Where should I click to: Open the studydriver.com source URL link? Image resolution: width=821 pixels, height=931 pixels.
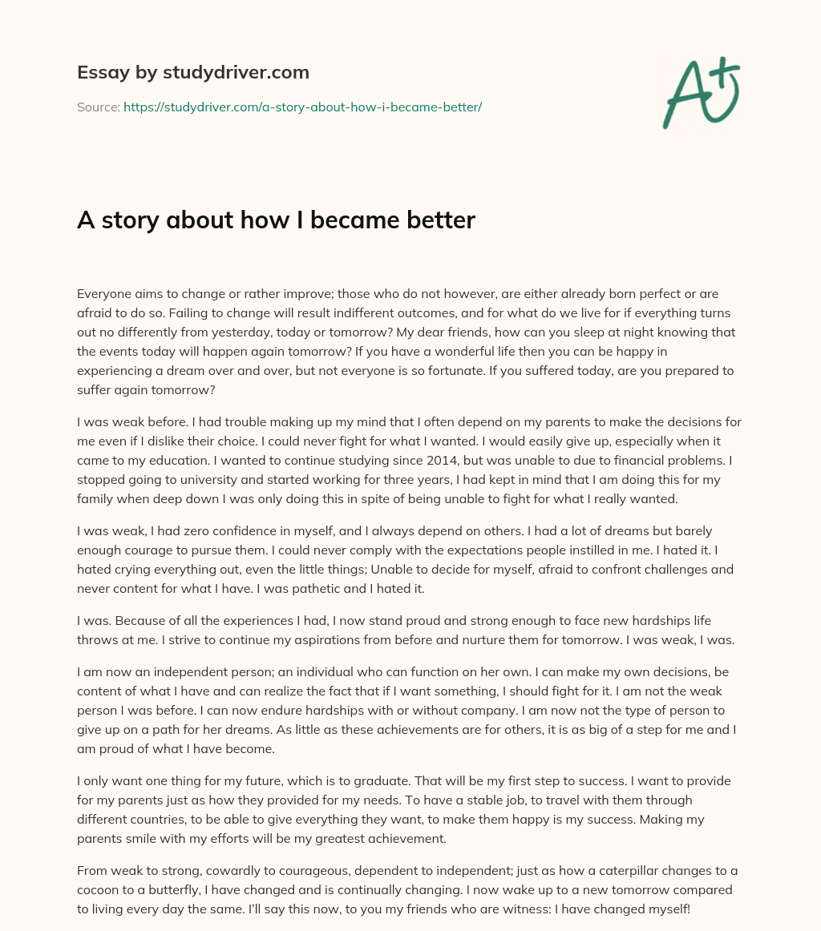click(302, 107)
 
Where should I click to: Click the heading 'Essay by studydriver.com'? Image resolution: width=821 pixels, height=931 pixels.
click(192, 72)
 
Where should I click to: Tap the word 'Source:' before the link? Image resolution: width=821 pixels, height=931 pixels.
click(98, 107)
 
